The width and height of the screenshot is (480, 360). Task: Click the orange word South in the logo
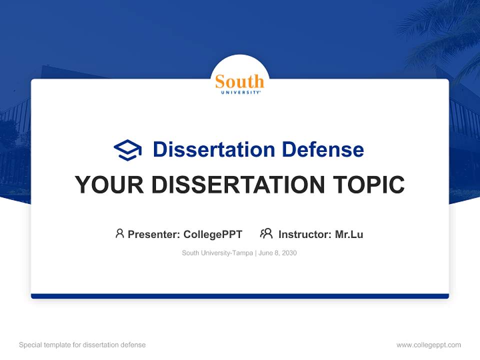[239, 81]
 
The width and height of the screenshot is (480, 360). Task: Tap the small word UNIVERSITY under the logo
[239, 92]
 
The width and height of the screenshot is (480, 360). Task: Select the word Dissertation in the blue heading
[213, 149]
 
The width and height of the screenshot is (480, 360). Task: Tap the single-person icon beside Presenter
[119, 233]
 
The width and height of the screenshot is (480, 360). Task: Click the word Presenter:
[153, 234]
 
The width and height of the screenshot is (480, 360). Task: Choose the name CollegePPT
[212, 234]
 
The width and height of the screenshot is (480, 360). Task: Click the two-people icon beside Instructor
[266, 233]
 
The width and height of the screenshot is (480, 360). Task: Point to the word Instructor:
[305, 234]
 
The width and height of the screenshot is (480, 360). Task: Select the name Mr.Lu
[349, 234]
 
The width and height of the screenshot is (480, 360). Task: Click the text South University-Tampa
[217, 253]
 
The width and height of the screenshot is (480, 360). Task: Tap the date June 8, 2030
[278, 253]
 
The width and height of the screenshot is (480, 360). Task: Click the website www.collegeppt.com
[428, 345]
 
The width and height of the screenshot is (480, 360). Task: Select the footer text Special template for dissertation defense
[82, 345]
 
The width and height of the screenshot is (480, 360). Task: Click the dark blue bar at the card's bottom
[240, 296]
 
